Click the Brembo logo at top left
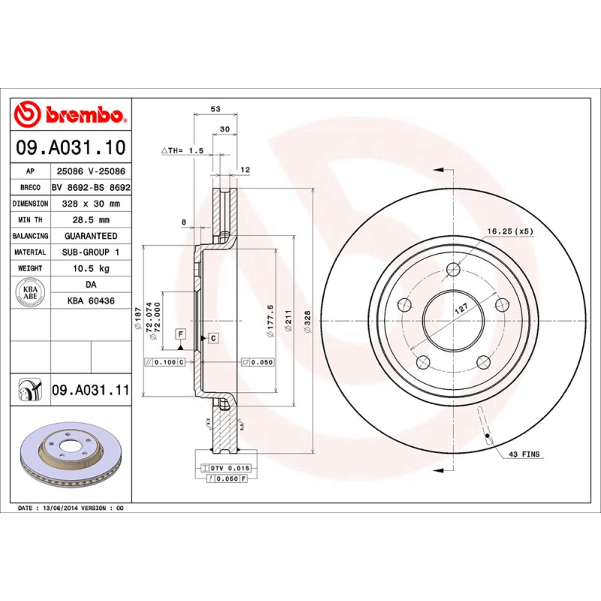tap(69, 114)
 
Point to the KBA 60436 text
tap(90, 300)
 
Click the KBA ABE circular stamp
tap(31, 292)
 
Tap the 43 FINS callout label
tap(524, 455)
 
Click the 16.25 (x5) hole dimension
tap(510, 231)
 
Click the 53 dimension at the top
tap(216, 110)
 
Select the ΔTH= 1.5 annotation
tap(183, 150)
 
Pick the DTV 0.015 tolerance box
tap(226, 468)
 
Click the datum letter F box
tap(180, 333)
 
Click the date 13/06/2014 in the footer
tap(60, 509)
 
